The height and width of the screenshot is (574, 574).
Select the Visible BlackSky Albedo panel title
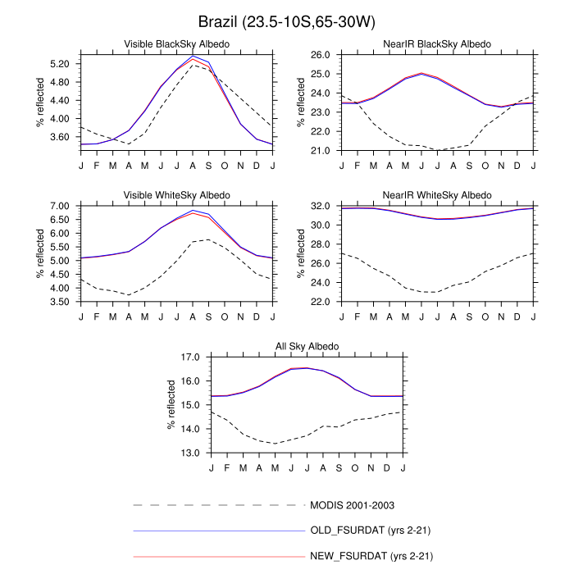pyautogui.click(x=176, y=43)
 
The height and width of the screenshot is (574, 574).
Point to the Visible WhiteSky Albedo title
pyautogui.click(x=176, y=195)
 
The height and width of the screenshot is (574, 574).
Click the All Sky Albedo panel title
pyautogui.click(x=307, y=347)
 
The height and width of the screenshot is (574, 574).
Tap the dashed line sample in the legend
pyautogui.click(x=218, y=505)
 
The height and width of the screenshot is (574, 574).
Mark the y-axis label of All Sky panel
pyautogui.click(x=172, y=405)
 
